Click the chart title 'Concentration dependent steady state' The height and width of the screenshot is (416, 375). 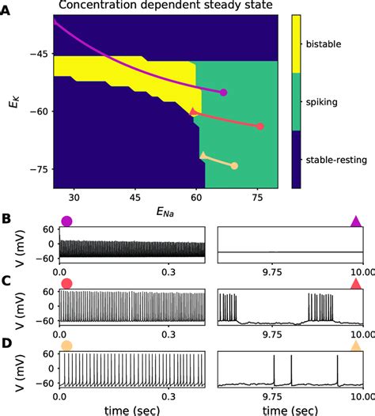(165, 8)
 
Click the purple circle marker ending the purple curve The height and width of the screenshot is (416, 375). (223, 93)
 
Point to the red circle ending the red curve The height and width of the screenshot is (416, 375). (261, 127)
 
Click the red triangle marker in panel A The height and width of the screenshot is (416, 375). (194, 112)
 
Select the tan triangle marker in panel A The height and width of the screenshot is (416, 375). (203, 156)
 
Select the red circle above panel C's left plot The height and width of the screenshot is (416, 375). (66, 283)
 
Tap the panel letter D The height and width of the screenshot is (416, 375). (6, 343)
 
